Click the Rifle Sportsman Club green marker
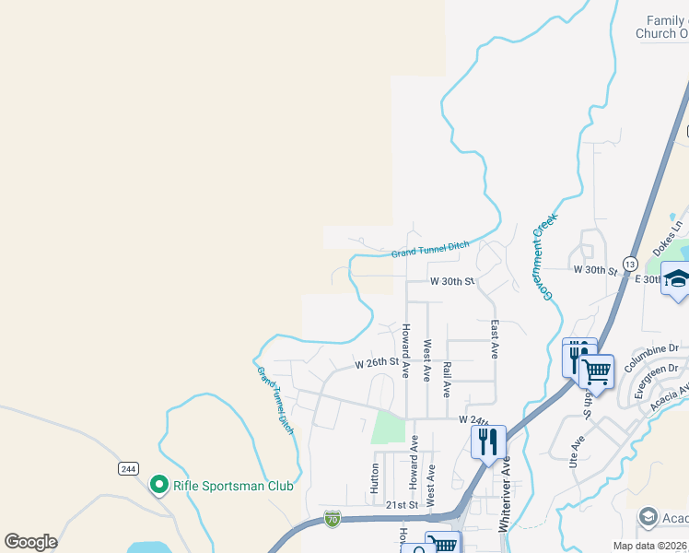(x=158, y=484)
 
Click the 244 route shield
(x=128, y=468)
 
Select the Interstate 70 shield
(x=333, y=519)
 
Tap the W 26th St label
(x=377, y=364)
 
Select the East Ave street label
(x=495, y=339)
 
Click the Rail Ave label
(x=447, y=379)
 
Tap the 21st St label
(x=402, y=505)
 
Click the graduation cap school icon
(x=677, y=281)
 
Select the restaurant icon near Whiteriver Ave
(x=488, y=441)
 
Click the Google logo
(x=30, y=542)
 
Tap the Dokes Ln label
(x=668, y=238)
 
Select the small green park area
(x=388, y=428)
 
